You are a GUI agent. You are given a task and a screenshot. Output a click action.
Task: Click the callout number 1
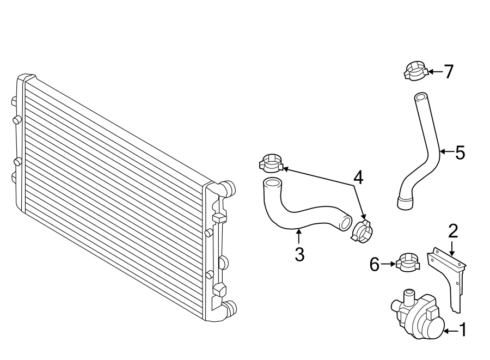point(463,330)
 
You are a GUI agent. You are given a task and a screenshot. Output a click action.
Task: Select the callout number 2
point(452,230)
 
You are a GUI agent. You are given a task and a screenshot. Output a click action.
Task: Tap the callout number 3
point(299,254)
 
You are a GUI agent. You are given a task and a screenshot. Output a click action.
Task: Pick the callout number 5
point(460,153)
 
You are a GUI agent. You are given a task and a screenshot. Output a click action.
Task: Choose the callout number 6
point(374,265)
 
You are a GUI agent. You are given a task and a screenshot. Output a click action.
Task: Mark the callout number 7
point(448,71)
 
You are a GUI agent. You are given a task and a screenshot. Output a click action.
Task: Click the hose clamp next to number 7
point(415,71)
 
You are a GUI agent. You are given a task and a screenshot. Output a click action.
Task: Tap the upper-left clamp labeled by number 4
point(271,162)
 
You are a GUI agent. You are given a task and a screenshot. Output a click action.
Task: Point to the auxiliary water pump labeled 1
point(418,319)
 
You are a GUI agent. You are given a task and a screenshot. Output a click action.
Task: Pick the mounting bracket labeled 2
point(450,278)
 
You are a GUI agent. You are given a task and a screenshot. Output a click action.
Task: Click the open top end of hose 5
point(420,98)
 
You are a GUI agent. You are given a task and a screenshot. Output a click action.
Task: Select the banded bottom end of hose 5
point(405,203)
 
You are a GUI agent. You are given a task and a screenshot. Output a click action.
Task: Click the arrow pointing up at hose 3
point(298,236)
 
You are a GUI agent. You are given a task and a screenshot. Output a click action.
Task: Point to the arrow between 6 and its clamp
point(388,264)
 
